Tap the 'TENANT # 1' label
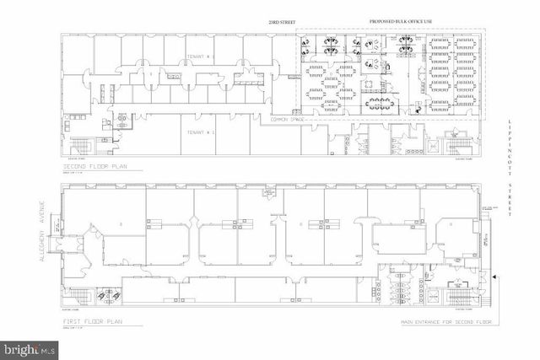coord(200,132)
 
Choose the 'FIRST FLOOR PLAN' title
coord(98,322)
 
